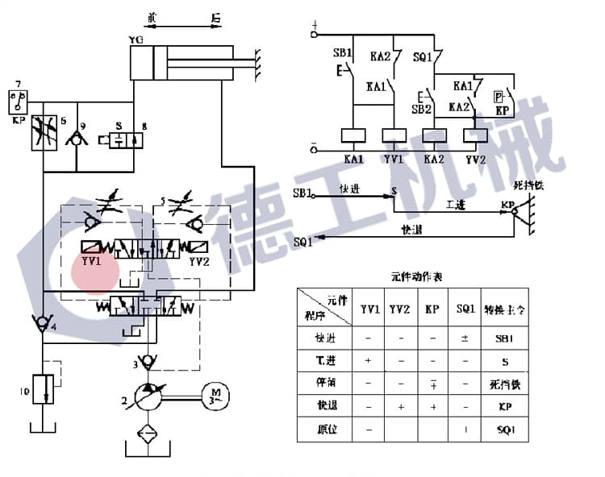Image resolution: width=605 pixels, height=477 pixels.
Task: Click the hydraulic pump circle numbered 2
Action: pos(147,394)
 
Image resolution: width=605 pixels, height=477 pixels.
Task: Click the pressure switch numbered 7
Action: pos(15,100)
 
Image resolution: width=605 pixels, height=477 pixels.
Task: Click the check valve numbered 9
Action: pos(78,139)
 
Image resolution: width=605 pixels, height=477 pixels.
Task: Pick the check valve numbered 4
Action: pos(39,324)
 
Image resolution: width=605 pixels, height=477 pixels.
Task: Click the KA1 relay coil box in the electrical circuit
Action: pos(355,135)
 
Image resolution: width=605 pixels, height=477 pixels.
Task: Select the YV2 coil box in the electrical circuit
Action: pos(476,135)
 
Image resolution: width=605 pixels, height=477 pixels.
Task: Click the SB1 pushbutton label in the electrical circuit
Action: pos(343,53)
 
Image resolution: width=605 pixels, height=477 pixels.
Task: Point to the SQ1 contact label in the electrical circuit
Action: pos(422,57)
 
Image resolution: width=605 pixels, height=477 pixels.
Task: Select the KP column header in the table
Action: pos(432,309)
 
